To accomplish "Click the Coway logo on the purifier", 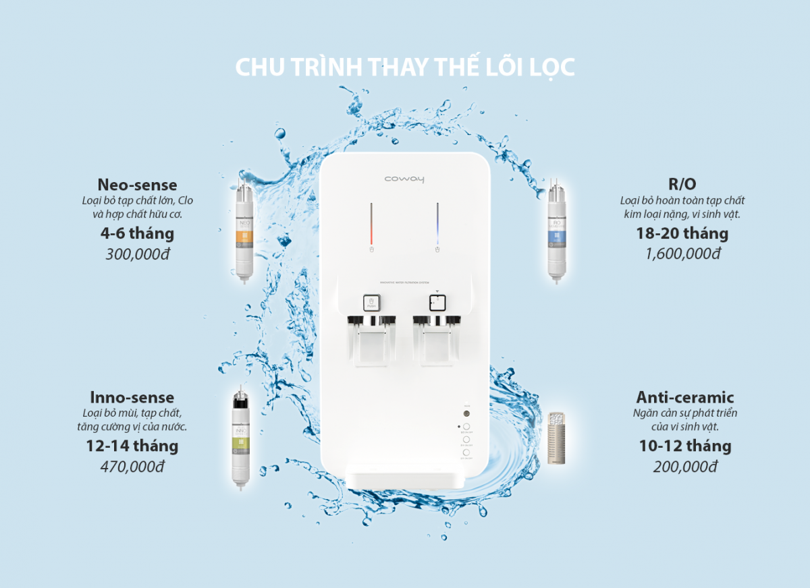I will (x=404, y=179).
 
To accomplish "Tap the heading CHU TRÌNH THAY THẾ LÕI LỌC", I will (x=404, y=68).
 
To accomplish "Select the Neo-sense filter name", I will (x=137, y=185).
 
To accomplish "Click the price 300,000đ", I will (x=137, y=254).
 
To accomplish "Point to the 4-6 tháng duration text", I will (x=137, y=234).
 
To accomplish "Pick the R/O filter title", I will (x=682, y=185).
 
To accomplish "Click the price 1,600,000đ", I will (x=682, y=254).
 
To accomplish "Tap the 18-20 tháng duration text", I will (x=682, y=234).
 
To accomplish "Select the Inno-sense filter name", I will (x=132, y=397).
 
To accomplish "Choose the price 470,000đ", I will (x=132, y=466).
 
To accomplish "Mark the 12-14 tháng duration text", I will (x=132, y=446).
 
